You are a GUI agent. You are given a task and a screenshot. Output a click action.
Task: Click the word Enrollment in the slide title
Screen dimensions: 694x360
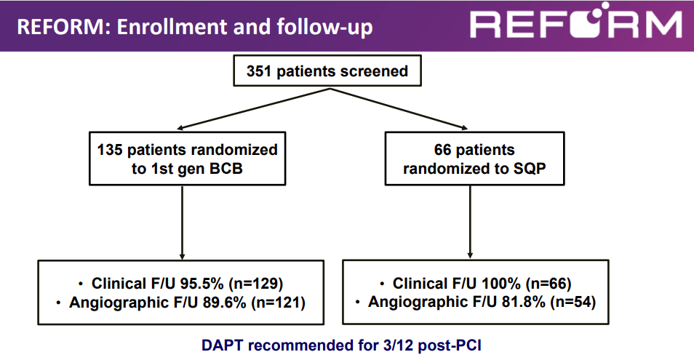click(x=171, y=26)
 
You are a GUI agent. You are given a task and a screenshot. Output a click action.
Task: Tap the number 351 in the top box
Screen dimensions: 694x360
click(x=258, y=71)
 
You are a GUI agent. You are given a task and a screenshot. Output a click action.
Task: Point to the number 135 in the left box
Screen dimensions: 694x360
click(x=110, y=150)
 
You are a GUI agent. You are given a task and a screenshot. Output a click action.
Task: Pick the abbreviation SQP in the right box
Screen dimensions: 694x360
click(x=530, y=169)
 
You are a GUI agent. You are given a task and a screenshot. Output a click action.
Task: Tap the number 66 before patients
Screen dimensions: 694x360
click(x=442, y=150)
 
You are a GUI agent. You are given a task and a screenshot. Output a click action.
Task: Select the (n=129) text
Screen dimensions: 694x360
click(x=256, y=284)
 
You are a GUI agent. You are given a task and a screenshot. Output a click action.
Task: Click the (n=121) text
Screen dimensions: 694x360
click(x=278, y=303)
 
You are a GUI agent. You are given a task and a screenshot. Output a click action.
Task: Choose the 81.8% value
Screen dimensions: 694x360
click(x=523, y=302)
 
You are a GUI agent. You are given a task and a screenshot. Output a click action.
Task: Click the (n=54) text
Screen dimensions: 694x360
click(x=573, y=302)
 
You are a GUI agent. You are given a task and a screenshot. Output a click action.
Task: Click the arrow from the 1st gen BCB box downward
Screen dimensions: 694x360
click(x=182, y=223)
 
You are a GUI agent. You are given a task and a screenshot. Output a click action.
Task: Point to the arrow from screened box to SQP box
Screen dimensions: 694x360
click(x=399, y=109)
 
